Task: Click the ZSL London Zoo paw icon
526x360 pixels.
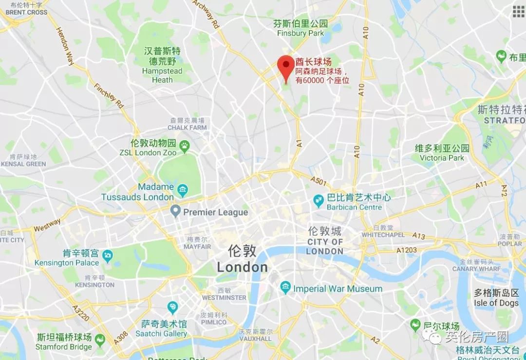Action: point(185,145)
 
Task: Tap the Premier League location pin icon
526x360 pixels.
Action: point(175,211)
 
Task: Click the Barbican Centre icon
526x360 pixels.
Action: point(318,199)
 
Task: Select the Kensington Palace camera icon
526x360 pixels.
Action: point(107,255)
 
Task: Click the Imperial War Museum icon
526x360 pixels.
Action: point(285,288)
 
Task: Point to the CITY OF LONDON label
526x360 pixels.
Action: point(325,246)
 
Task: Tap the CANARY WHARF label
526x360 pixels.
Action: point(476,268)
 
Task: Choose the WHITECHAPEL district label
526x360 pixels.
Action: point(384,234)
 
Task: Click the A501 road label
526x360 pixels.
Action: point(319,182)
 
